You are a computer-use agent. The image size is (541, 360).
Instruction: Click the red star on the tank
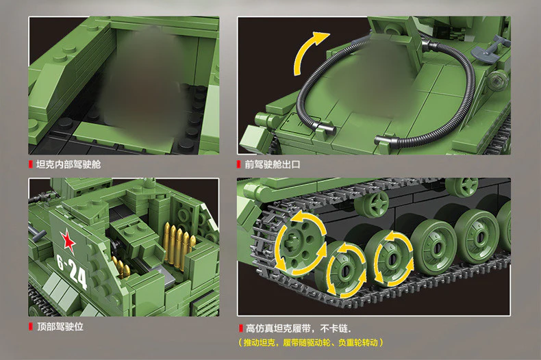68,240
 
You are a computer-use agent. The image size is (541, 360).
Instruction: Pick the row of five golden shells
179,241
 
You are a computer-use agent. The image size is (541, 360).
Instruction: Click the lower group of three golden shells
121,267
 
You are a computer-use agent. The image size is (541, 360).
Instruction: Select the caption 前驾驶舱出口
273,165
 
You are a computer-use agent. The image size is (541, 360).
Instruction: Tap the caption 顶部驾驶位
60,327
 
